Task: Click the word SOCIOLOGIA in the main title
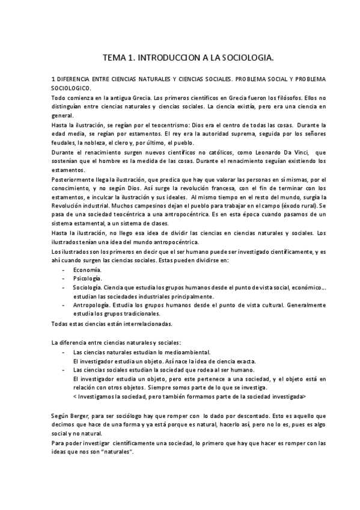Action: tap(245, 58)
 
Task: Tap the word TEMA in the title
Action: tap(114, 58)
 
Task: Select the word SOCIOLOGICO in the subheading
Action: tap(72, 88)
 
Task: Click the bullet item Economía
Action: tap(87, 271)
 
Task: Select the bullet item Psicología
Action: tap(88, 279)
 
